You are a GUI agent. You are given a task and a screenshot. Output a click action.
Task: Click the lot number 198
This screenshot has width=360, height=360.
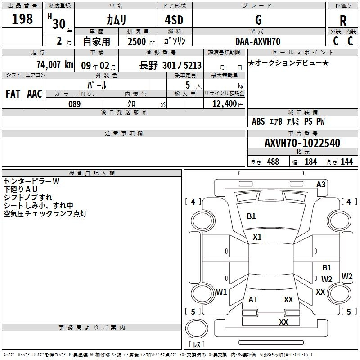tap(22, 19)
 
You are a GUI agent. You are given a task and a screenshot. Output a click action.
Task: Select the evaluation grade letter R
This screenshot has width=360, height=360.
tap(343, 21)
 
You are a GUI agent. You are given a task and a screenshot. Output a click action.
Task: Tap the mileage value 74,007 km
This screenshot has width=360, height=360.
tap(55, 65)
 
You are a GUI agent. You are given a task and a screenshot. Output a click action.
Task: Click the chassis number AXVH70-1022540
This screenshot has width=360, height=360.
tap(302, 143)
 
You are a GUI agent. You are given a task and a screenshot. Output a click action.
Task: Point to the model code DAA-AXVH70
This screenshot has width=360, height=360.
tap(258, 41)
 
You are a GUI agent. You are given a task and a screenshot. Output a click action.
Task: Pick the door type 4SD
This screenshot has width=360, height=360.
tap(174, 20)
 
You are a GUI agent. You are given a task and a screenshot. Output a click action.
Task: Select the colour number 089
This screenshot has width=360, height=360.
tap(75, 104)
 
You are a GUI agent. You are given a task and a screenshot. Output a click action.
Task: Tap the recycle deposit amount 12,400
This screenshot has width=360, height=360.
tap(225, 104)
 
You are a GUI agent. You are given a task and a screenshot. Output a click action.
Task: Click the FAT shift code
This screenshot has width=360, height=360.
tap(13, 94)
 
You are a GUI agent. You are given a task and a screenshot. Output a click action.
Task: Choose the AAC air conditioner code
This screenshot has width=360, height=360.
tap(35, 94)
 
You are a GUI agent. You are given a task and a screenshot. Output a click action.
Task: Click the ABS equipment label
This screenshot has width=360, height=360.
tap(258, 121)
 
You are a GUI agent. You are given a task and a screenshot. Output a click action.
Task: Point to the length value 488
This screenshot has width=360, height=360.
tap(273, 162)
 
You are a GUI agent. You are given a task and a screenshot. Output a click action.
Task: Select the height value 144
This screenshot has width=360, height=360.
tap(346, 162)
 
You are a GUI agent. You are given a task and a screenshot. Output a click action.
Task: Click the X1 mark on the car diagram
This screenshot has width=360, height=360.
tap(257, 237)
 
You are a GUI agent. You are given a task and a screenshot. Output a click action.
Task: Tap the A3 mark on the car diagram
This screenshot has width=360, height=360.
tap(321, 184)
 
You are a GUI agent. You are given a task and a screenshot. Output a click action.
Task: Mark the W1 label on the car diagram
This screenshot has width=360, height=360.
tap(221, 292)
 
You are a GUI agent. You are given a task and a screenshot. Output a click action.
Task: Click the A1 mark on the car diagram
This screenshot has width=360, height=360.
tap(253, 299)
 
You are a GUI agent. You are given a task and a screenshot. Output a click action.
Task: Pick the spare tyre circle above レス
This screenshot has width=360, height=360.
tap(197, 328)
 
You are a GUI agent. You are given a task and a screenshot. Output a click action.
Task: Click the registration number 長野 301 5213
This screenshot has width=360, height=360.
tap(171, 65)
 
